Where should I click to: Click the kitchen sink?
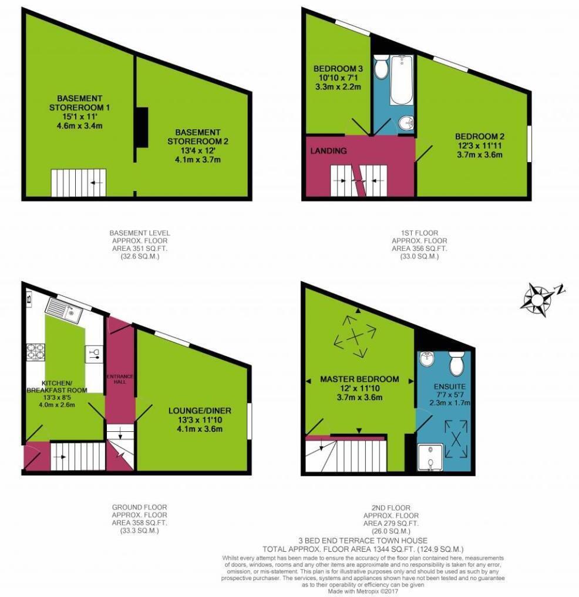(x=63, y=309)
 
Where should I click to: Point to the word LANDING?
(x=329, y=151)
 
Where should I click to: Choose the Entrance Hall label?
(x=120, y=378)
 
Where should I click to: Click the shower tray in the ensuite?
(x=432, y=459)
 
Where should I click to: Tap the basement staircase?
(x=79, y=183)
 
